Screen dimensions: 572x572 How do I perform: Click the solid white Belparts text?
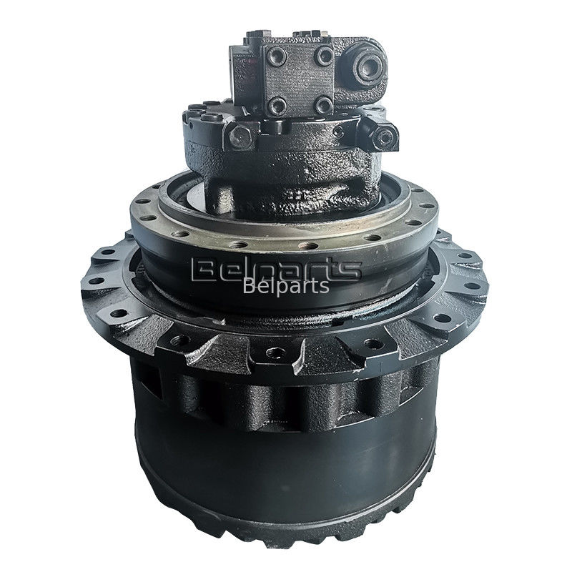(x=285, y=287)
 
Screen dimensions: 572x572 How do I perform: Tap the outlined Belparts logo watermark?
(x=276, y=270)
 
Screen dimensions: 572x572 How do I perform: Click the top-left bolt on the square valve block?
(x=276, y=56)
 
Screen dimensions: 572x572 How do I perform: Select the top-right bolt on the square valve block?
(x=324, y=56)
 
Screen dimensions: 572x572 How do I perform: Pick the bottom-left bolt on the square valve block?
(x=277, y=106)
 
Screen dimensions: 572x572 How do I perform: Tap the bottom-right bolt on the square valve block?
(x=324, y=105)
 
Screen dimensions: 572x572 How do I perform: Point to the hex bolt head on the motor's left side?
(x=240, y=136)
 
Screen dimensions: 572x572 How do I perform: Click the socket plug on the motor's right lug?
(x=384, y=137)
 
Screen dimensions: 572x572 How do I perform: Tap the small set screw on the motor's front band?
(x=338, y=132)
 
